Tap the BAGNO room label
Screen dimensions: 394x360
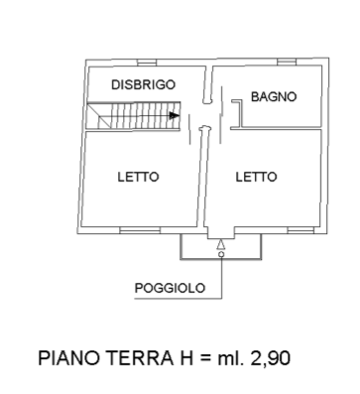(274, 96)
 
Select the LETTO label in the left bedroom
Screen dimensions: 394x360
(139, 177)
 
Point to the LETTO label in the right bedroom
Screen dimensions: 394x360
(256, 177)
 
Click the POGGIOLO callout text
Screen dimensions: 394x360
(170, 289)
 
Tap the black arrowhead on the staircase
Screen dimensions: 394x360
(175, 116)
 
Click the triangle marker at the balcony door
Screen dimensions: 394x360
(221, 242)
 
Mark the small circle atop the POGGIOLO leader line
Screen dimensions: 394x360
(221, 255)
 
